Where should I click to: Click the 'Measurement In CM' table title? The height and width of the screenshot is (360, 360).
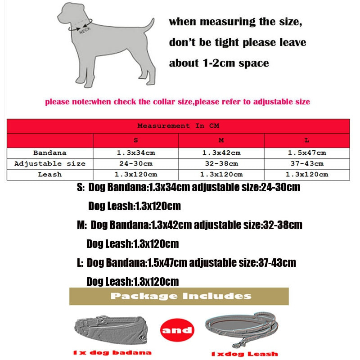click(178, 126)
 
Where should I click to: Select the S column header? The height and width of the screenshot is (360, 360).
click(136, 140)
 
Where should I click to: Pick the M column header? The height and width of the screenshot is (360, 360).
click(221, 140)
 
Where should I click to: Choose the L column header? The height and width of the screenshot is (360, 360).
click(307, 140)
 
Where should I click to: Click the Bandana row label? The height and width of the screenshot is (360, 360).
click(50, 153)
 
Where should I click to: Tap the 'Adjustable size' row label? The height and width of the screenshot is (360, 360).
click(50, 164)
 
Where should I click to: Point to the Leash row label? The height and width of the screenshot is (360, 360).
click(50, 175)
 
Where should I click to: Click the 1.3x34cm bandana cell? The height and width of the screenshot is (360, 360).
click(136, 153)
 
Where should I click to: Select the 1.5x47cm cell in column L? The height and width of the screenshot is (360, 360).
click(307, 153)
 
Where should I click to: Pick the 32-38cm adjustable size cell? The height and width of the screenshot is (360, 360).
click(221, 164)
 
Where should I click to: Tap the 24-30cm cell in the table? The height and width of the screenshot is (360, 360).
click(136, 164)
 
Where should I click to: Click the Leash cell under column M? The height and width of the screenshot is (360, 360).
click(221, 175)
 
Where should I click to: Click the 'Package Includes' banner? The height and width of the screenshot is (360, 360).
click(179, 296)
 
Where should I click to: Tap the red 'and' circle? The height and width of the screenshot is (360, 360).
click(177, 330)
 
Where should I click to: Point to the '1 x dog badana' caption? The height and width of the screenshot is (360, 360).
click(112, 353)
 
